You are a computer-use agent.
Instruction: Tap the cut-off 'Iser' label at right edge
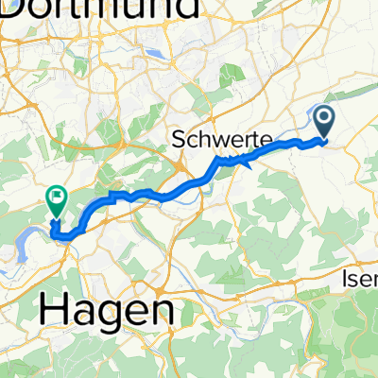(x=359, y=280)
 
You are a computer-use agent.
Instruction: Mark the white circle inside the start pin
(x=323, y=118)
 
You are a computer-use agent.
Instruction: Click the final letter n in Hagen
(x=162, y=310)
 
